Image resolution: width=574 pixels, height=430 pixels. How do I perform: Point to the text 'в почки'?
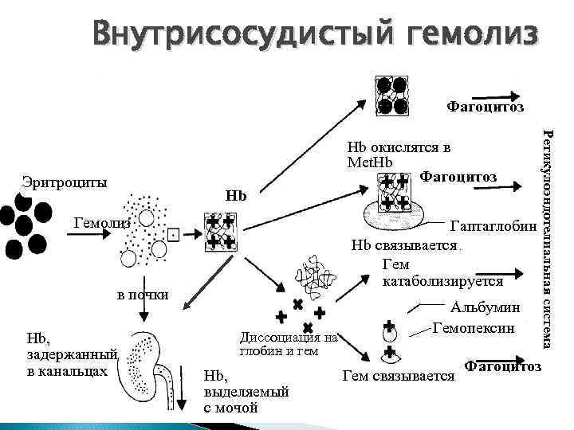click(143, 295)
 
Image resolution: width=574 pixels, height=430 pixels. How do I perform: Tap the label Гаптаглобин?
click(493, 227)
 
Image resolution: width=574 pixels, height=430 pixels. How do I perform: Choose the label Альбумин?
click(486, 307)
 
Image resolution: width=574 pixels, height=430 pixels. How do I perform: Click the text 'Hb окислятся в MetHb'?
click(398, 154)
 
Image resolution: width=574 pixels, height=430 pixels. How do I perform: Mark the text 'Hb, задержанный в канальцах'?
click(73, 354)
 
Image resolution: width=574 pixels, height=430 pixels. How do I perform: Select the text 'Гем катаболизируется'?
click(442, 273)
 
